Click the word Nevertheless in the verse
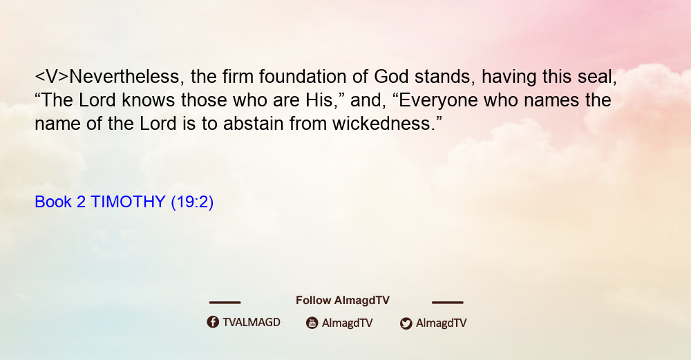pyautogui.click(x=124, y=77)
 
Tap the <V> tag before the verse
pyautogui.click(x=52, y=77)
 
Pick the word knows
pyautogui.click(x=148, y=100)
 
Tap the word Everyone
pyautogui.click(x=439, y=101)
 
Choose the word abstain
pyautogui.click(x=253, y=124)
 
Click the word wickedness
pyautogui.click(x=381, y=124)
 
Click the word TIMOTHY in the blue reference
pyautogui.click(x=128, y=202)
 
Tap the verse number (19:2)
pyautogui.click(x=192, y=202)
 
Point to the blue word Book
pyautogui.click(x=53, y=202)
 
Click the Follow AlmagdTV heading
pyautogui.click(x=343, y=301)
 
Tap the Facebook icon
pyautogui.click(x=213, y=322)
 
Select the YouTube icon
pyautogui.click(x=312, y=323)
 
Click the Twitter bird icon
pyautogui.click(x=406, y=323)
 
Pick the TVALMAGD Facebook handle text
pyautogui.click(x=252, y=322)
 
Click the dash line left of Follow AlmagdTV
pyautogui.click(x=225, y=302)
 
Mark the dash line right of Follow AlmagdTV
pyautogui.click(x=447, y=302)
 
